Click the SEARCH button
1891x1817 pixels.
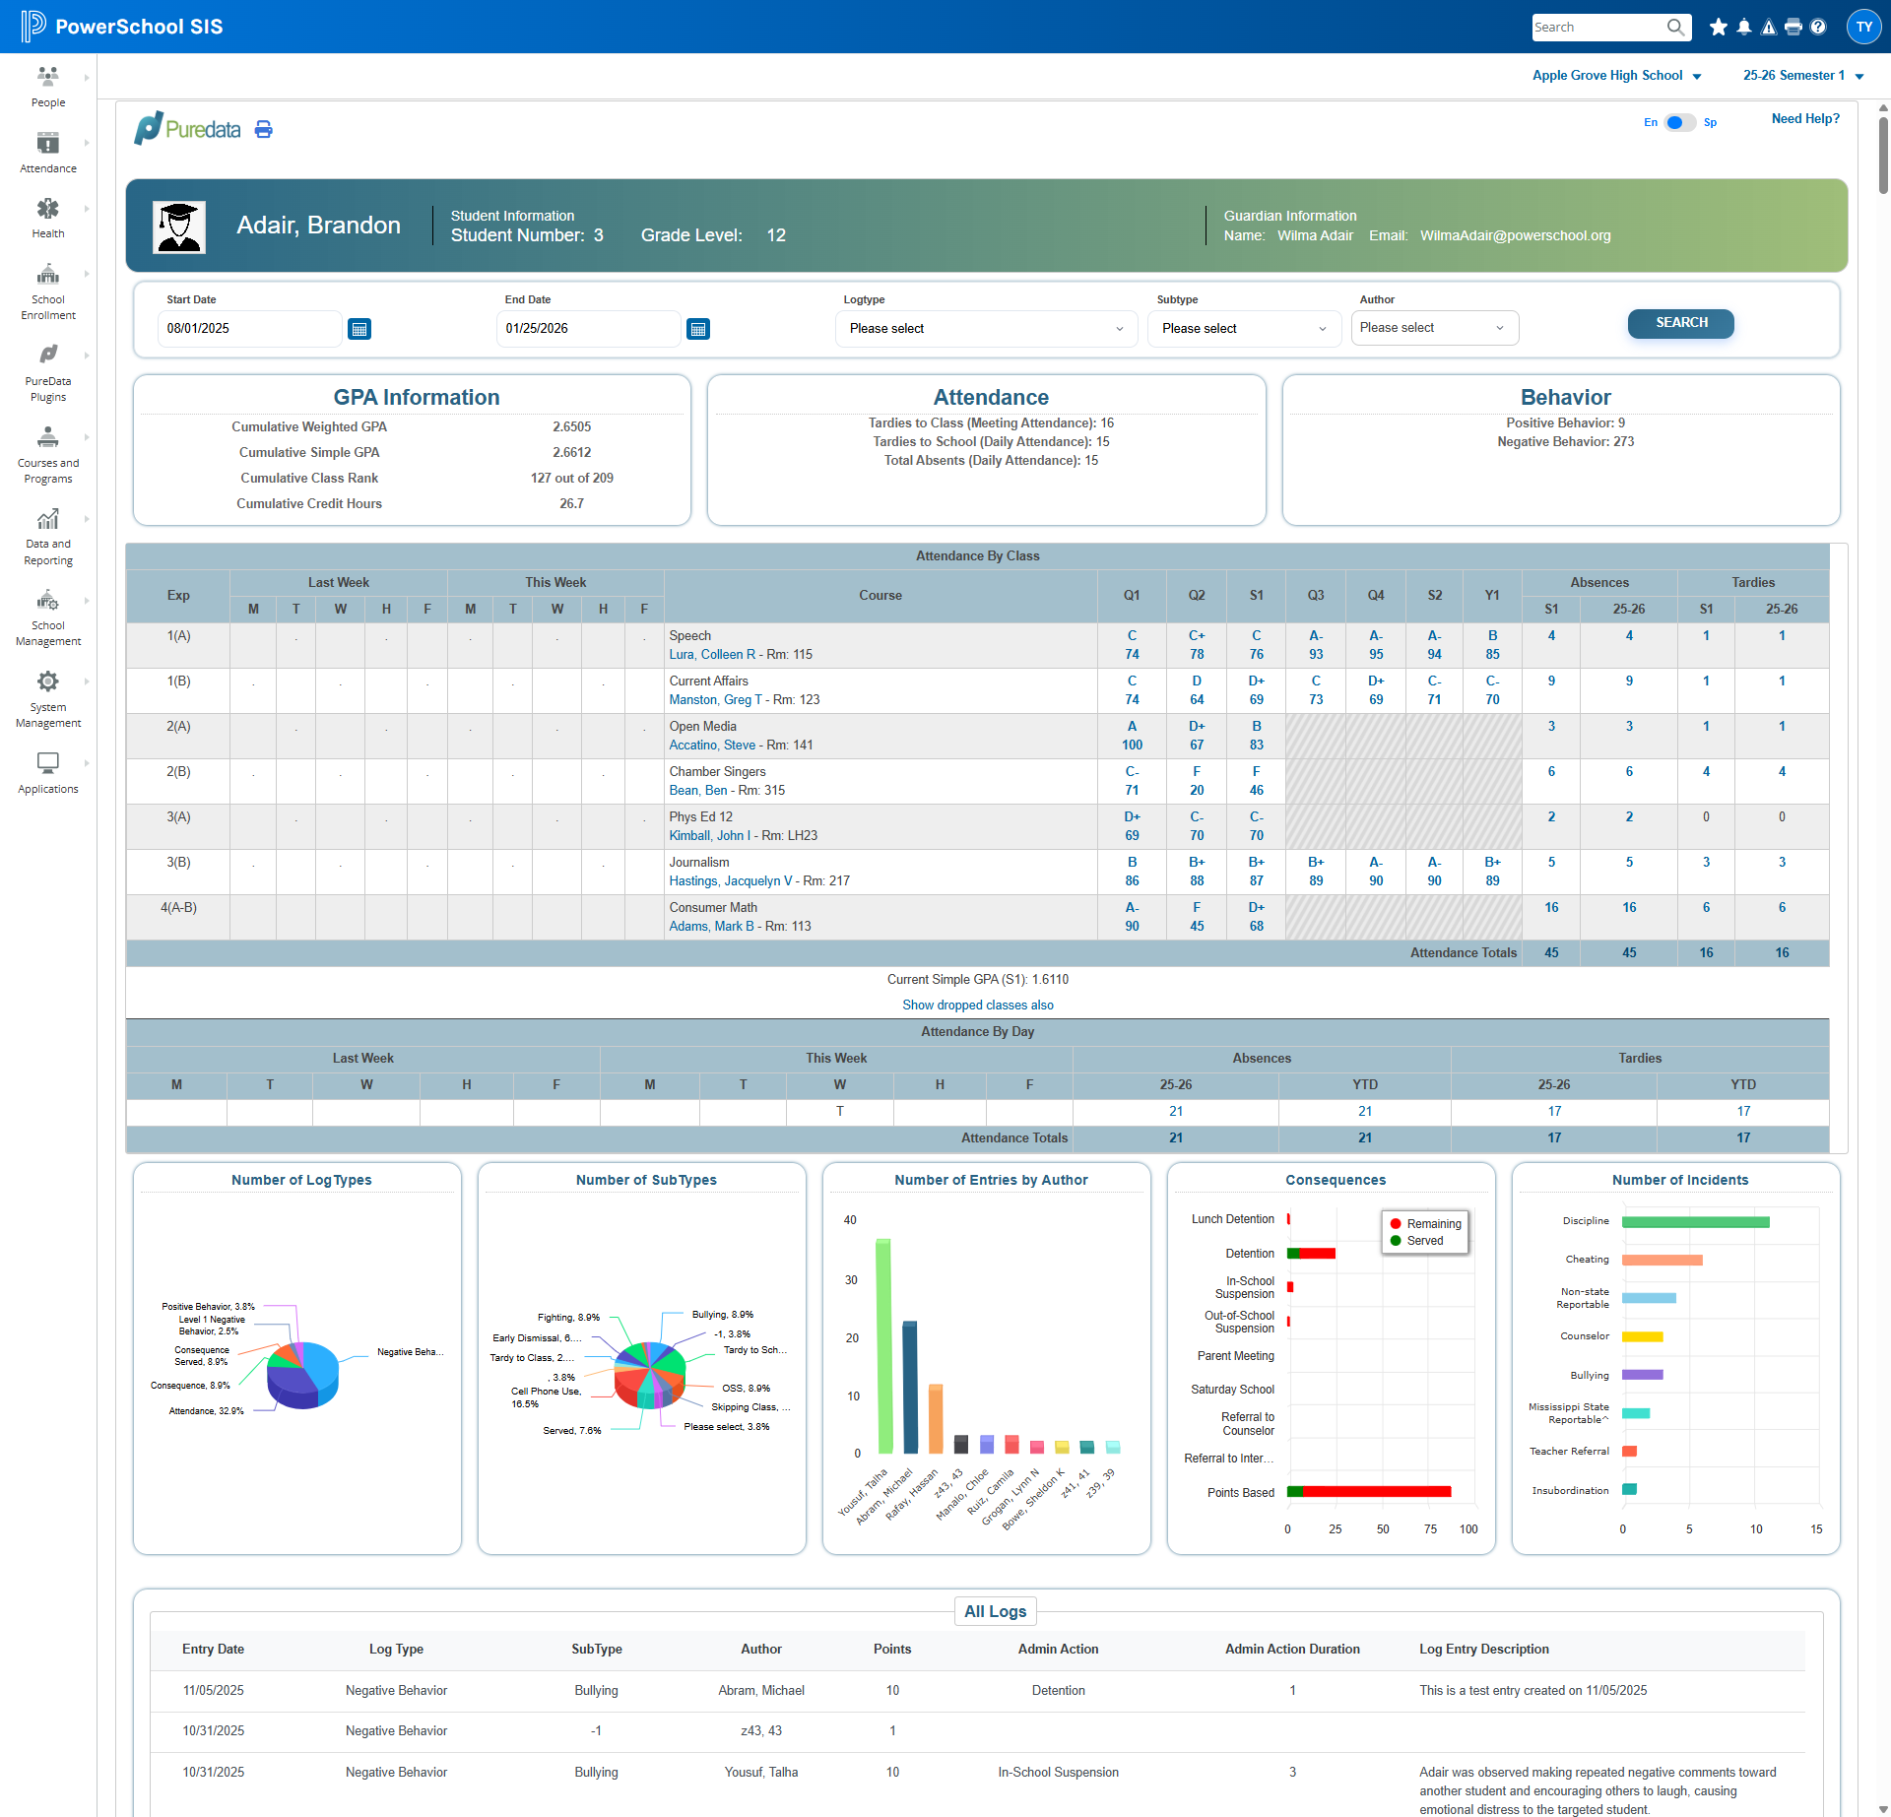click(x=1680, y=323)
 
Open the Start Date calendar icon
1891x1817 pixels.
click(x=359, y=329)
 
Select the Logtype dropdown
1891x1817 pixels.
click(x=986, y=329)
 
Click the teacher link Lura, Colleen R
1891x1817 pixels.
click(x=712, y=655)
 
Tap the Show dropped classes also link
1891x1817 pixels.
click(x=978, y=1006)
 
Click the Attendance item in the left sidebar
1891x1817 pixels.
click(x=48, y=154)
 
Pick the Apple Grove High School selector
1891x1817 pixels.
click(x=1616, y=76)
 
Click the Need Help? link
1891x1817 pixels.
click(x=1805, y=119)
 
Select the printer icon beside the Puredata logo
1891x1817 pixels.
click(x=264, y=129)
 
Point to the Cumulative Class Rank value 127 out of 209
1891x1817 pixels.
click(x=571, y=479)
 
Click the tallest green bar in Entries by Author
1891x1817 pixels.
click(x=883, y=1345)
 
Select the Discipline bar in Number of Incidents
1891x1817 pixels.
click(x=1695, y=1222)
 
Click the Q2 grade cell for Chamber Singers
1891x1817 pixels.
click(x=1197, y=781)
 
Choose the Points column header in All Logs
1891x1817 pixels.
click(x=892, y=1650)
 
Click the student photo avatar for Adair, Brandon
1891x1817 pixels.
click(x=179, y=227)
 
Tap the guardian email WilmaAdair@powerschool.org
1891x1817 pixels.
click(x=1515, y=236)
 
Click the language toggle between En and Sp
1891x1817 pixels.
click(x=1680, y=123)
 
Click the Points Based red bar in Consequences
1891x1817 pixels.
click(x=1377, y=1492)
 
